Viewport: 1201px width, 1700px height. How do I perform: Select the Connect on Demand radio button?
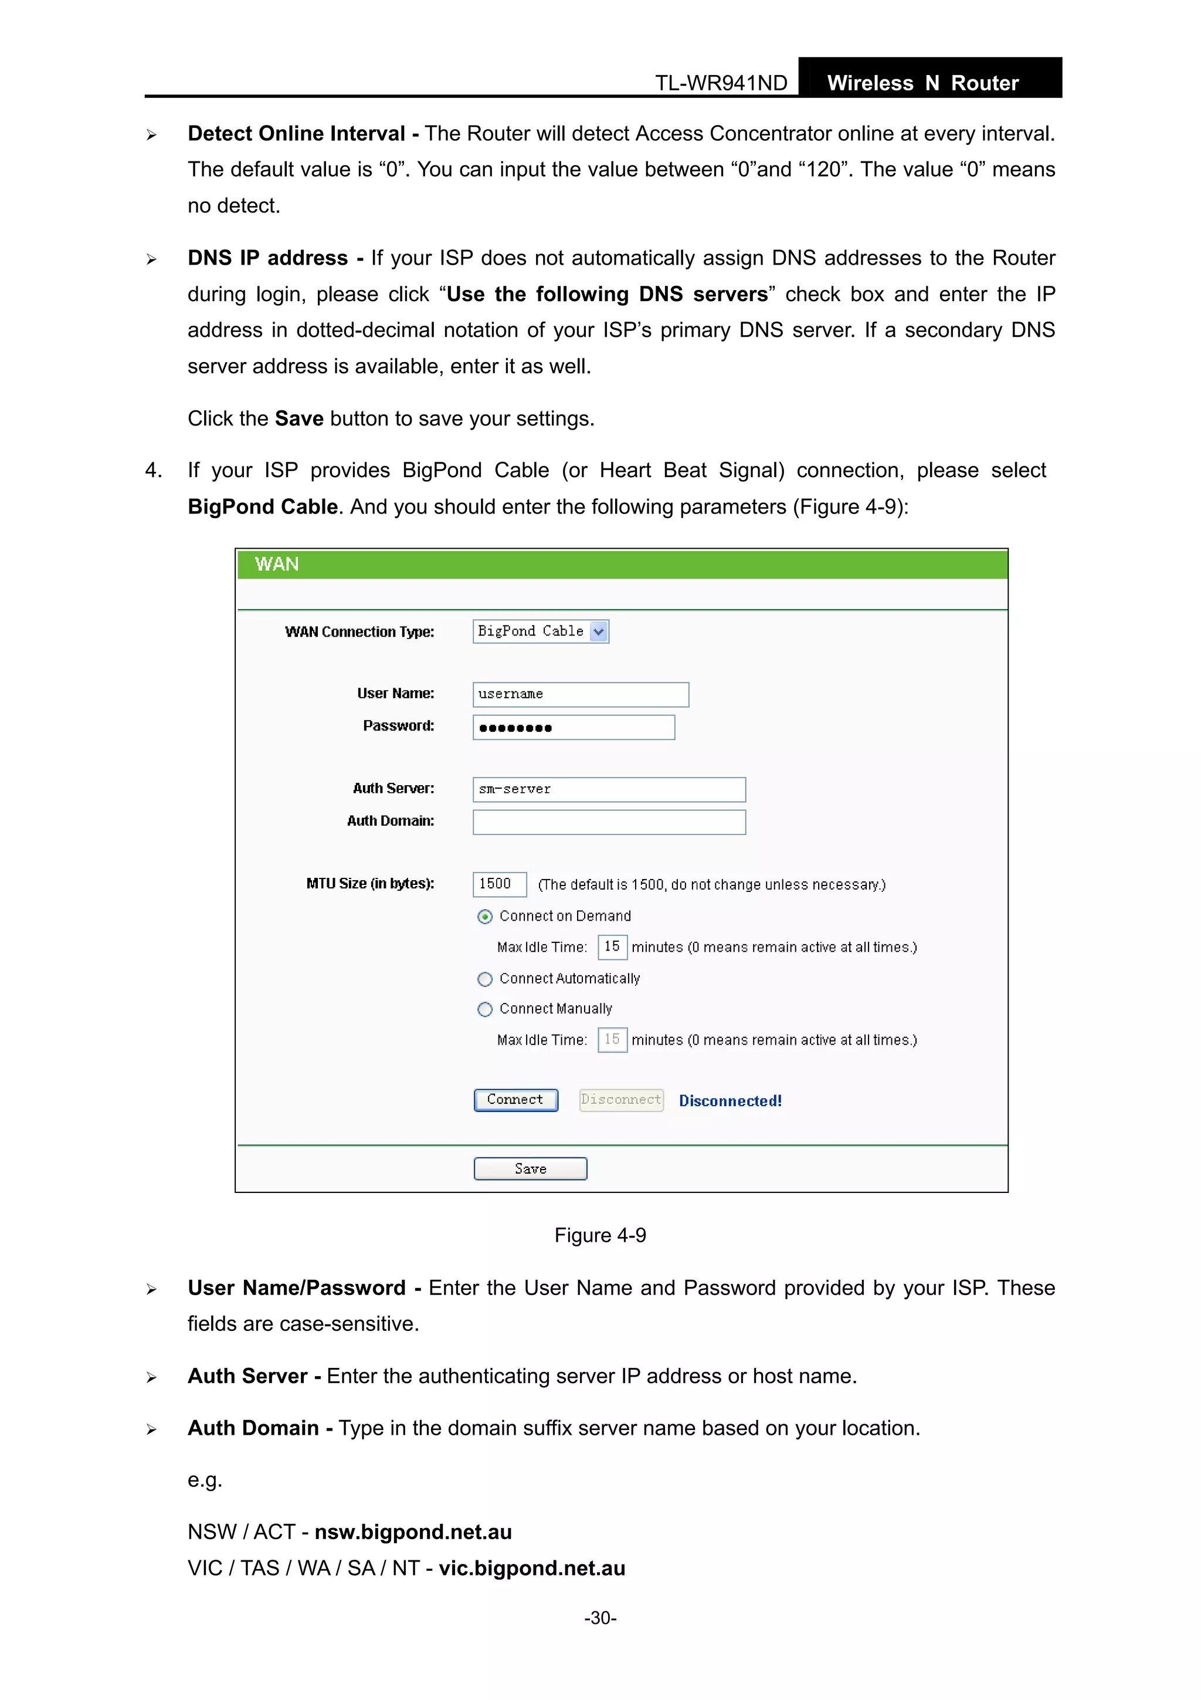(485, 917)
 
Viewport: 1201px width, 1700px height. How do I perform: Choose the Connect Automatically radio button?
(485, 979)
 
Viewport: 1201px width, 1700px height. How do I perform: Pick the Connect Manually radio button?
(485, 1009)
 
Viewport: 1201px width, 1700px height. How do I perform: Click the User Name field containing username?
(580, 695)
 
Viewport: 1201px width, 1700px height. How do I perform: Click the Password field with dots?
(574, 727)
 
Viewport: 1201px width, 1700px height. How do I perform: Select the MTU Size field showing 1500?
(500, 884)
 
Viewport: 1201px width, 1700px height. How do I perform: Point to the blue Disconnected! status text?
(730, 1101)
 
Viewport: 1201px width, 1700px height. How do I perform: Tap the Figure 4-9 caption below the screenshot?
(600, 1235)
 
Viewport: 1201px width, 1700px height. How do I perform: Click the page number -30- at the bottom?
(600, 1618)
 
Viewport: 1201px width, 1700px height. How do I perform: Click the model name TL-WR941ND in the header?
(721, 83)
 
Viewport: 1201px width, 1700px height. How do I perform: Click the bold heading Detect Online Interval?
(296, 133)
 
